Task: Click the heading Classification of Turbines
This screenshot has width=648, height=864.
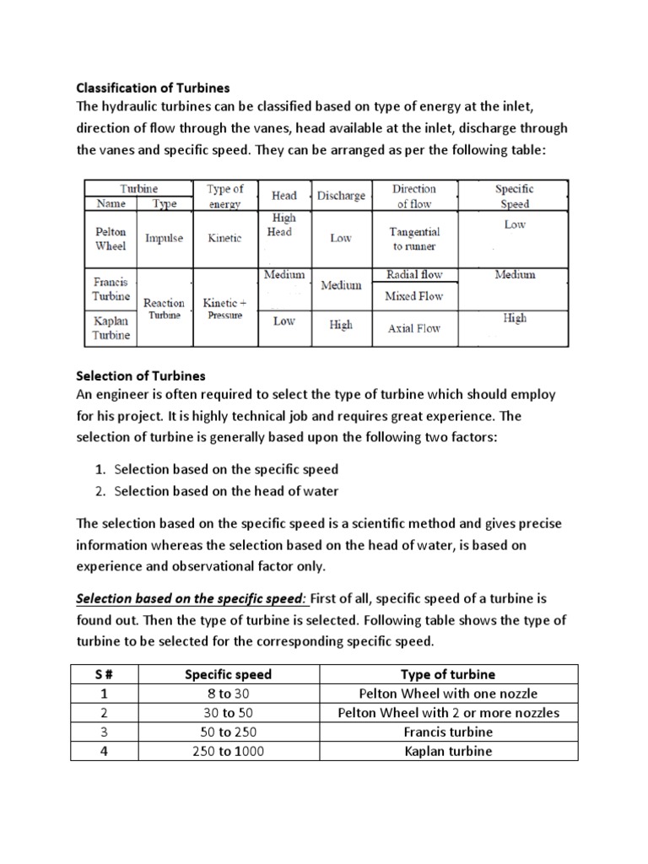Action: (x=153, y=87)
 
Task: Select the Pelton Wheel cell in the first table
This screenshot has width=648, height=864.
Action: (x=111, y=238)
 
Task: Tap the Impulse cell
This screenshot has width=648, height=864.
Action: (x=164, y=238)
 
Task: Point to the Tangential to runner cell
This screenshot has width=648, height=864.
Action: (x=413, y=238)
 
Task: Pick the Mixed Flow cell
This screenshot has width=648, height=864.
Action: (x=413, y=296)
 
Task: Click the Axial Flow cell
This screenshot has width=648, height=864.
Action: (x=413, y=328)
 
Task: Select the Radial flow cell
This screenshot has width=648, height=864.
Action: (x=413, y=274)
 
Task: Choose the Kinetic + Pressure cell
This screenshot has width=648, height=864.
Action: (x=224, y=308)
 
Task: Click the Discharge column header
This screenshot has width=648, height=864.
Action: (x=341, y=196)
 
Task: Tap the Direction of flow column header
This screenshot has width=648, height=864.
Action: (x=413, y=196)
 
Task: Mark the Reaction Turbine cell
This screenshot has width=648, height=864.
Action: (x=164, y=308)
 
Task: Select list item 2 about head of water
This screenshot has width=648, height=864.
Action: (x=226, y=491)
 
